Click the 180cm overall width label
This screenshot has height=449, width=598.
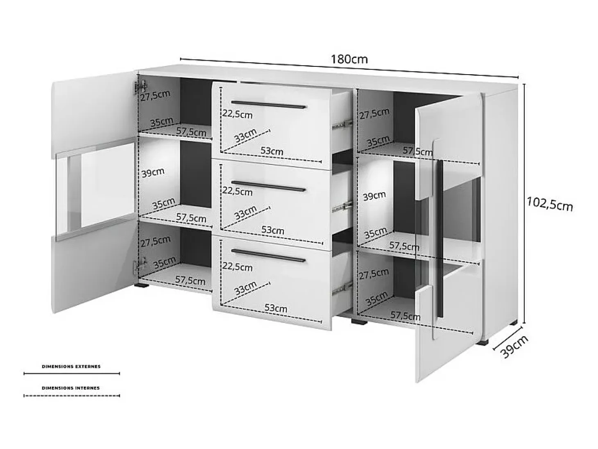click(349, 59)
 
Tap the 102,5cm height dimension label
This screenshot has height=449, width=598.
click(550, 205)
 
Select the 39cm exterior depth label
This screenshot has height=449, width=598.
click(514, 346)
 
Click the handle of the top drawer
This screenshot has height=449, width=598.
click(269, 105)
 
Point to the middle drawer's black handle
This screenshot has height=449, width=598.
click(269, 185)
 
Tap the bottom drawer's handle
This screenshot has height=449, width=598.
click(269, 256)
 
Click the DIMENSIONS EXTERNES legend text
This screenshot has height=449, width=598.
click(71, 367)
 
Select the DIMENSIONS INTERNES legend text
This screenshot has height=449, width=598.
click(71, 388)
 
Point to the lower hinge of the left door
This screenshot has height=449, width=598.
click(140, 264)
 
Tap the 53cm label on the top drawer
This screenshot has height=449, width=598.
click(272, 151)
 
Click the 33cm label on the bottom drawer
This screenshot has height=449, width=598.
click(245, 288)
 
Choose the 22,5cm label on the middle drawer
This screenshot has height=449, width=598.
click(237, 191)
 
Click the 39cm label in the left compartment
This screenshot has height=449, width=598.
click(153, 173)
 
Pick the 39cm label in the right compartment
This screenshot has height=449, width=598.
click(374, 196)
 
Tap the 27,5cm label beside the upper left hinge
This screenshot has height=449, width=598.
click(155, 96)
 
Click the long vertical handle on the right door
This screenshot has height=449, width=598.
click(439, 239)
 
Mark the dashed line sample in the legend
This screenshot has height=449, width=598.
click(72, 396)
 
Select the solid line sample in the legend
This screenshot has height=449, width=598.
click(72, 374)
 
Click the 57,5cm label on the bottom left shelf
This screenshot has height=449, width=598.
click(190, 280)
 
